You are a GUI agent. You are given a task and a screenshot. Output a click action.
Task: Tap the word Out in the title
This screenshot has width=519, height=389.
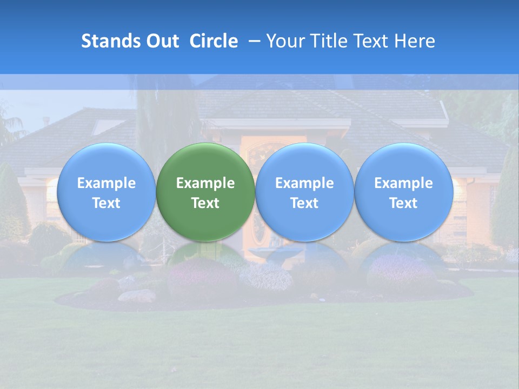[161, 41]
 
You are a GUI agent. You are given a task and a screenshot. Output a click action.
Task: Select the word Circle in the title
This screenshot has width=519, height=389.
[214, 41]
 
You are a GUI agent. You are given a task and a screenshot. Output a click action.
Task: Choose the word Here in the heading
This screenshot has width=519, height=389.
[414, 41]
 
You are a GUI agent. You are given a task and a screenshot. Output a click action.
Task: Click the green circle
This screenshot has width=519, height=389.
[205, 162]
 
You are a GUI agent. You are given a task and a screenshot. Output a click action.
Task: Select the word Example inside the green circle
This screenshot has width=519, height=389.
[205, 183]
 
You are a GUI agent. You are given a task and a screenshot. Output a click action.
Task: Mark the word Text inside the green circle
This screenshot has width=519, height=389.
[205, 203]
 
